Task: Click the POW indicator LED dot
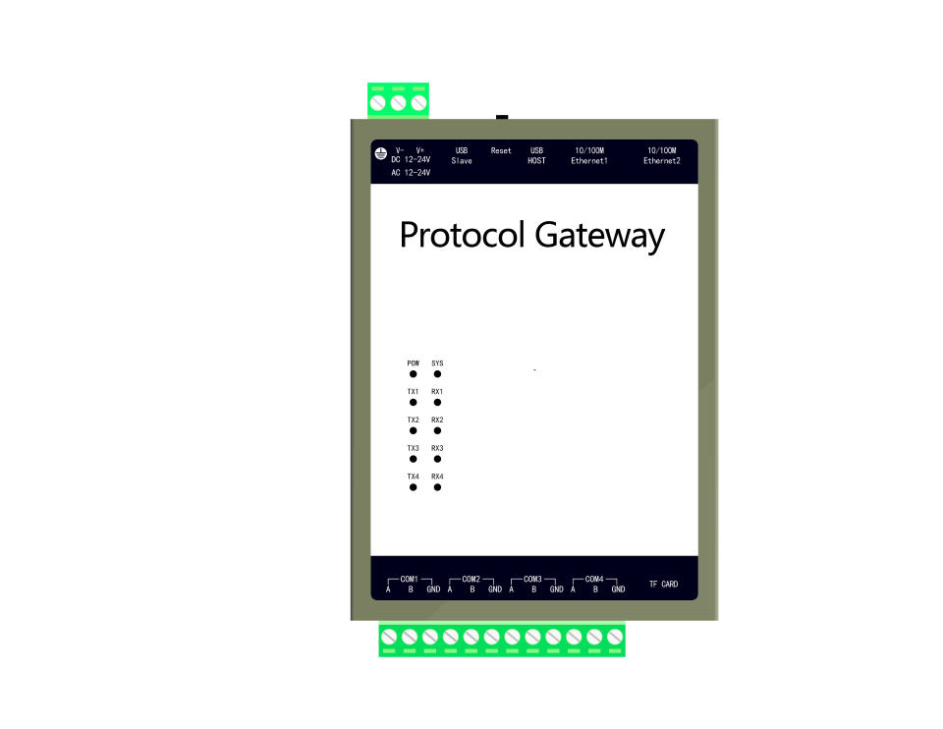tap(414, 374)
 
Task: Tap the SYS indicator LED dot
tap(437, 374)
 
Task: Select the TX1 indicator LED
tap(414, 403)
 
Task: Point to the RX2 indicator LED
tap(437, 431)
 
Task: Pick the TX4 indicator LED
tap(414, 487)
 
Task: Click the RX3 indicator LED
tap(437, 459)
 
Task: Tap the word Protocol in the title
tap(463, 237)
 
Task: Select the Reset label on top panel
tap(501, 151)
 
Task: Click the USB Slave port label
tap(462, 156)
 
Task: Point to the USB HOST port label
tap(536, 156)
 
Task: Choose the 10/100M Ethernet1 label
tap(589, 156)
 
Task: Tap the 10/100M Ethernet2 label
tap(662, 156)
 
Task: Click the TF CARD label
tap(663, 585)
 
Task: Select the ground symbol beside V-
tap(380, 155)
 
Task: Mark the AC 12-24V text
tap(411, 172)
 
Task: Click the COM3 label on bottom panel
tap(532, 580)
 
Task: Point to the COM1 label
tap(410, 580)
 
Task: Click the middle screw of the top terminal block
tap(399, 102)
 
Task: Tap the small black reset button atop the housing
tap(502, 117)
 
